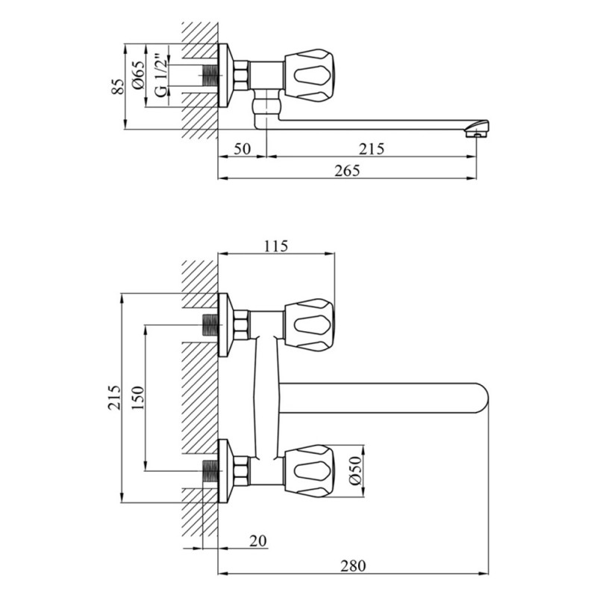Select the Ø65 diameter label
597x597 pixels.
coord(139,75)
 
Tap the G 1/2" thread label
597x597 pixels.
coord(161,76)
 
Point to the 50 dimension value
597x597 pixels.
coord(242,149)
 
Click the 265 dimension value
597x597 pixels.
coord(347,171)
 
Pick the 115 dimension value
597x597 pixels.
coord(276,246)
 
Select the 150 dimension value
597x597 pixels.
coord(138,398)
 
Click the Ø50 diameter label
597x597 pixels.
coord(355,471)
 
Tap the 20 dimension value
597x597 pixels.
coord(258,540)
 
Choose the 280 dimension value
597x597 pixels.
coord(353,566)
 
